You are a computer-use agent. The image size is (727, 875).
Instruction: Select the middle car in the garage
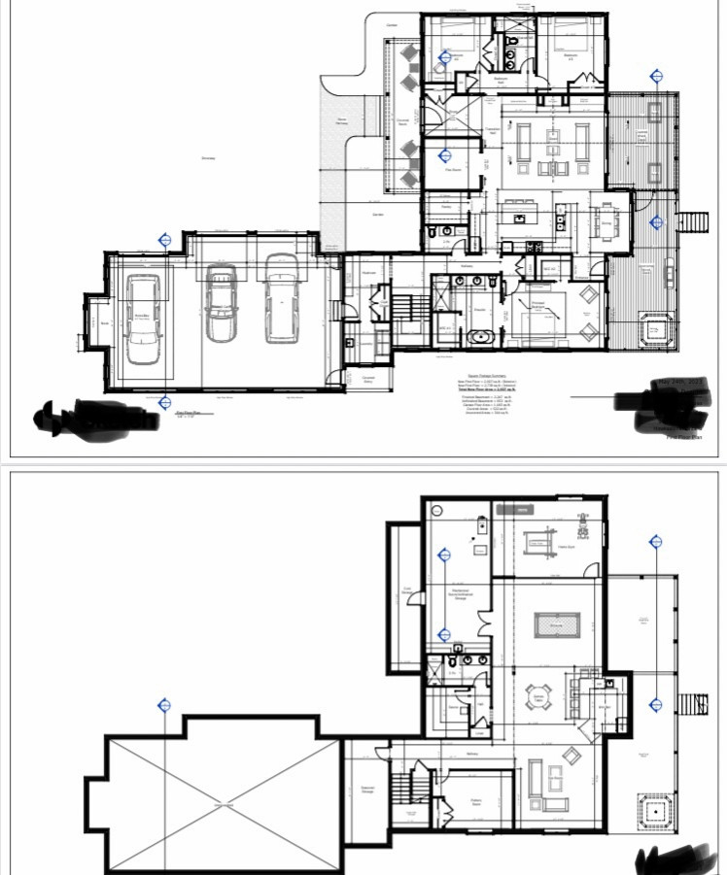click(x=221, y=305)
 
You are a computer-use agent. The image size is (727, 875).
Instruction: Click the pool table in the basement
click(x=558, y=624)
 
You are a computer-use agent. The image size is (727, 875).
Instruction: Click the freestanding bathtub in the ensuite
click(x=480, y=338)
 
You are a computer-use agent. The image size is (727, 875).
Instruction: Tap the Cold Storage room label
click(x=407, y=591)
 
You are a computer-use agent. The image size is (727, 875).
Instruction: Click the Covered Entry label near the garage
click(x=368, y=380)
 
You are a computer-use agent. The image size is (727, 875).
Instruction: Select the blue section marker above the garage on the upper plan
click(x=165, y=239)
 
